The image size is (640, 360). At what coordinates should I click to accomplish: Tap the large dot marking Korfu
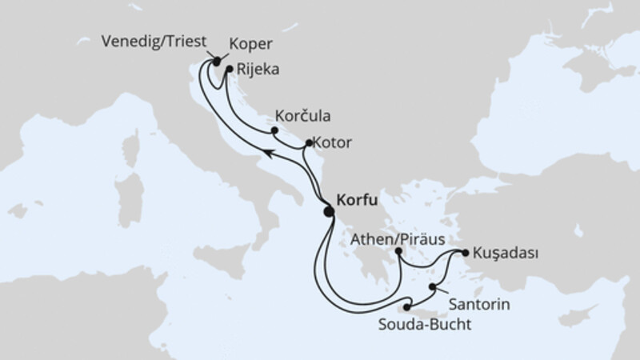[328, 212]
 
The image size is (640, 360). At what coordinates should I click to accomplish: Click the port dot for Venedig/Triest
[216, 61]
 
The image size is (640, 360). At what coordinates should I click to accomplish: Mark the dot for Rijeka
[229, 70]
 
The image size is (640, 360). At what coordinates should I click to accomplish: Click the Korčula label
[302, 114]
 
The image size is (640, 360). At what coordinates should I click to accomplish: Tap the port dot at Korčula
[274, 130]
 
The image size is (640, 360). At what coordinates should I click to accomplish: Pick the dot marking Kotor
[310, 143]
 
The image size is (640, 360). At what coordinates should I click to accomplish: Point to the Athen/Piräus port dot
[399, 252]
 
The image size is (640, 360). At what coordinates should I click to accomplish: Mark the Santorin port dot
[433, 286]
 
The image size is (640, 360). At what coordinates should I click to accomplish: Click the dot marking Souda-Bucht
[407, 307]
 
